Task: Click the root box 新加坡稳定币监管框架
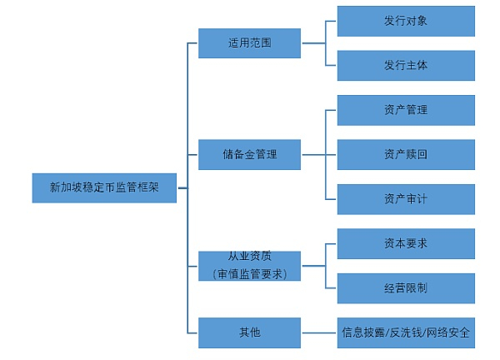tap(104, 187)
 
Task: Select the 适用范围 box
tap(249, 43)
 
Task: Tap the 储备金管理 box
tap(249, 155)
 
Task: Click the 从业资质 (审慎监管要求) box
tap(249, 266)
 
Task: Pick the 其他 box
tap(249, 332)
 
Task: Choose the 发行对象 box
tap(406, 21)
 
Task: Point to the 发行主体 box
tap(406, 65)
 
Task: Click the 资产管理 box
tap(406, 110)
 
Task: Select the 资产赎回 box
tap(406, 155)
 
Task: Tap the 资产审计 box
tap(406, 199)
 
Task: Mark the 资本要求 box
tap(406, 243)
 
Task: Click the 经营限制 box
tap(406, 288)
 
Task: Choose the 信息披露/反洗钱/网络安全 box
tap(406, 332)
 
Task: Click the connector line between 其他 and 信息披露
tap(319, 332)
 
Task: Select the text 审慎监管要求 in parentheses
tap(250, 274)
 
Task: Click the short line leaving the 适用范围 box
tap(314, 43)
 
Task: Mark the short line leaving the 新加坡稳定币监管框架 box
tap(182, 188)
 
